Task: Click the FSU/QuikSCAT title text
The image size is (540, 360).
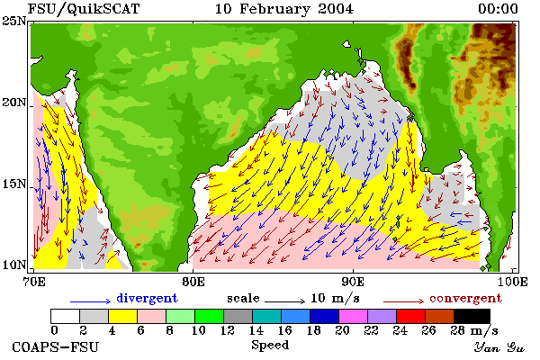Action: [x=84, y=9]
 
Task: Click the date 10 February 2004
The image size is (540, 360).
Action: [x=284, y=9]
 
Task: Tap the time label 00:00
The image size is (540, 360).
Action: [x=498, y=9]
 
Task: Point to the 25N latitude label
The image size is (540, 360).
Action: [x=14, y=22]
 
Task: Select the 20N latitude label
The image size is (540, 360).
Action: [x=14, y=103]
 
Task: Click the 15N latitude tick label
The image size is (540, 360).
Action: [x=14, y=184]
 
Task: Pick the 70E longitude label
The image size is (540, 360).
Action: [x=34, y=282]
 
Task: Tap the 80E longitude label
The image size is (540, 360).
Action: [x=193, y=282]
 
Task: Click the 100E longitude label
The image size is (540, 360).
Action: [x=513, y=282]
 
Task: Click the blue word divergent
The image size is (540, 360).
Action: [x=147, y=298]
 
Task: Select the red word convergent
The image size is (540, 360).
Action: [x=465, y=298]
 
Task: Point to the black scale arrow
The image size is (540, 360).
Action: [x=284, y=301]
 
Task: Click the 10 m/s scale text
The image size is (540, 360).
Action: [x=335, y=298]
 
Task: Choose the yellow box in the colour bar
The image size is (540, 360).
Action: [x=122, y=316]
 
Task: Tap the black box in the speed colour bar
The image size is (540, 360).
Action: [x=472, y=316]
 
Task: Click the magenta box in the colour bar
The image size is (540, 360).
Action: [x=353, y=316]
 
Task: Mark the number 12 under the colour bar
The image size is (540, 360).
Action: [x=228, y=330]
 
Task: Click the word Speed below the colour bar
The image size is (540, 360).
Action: [x=270, y=346]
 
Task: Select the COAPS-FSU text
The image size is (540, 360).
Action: [x=56, y=346]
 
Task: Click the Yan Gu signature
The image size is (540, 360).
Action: [x=499, y=347]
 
